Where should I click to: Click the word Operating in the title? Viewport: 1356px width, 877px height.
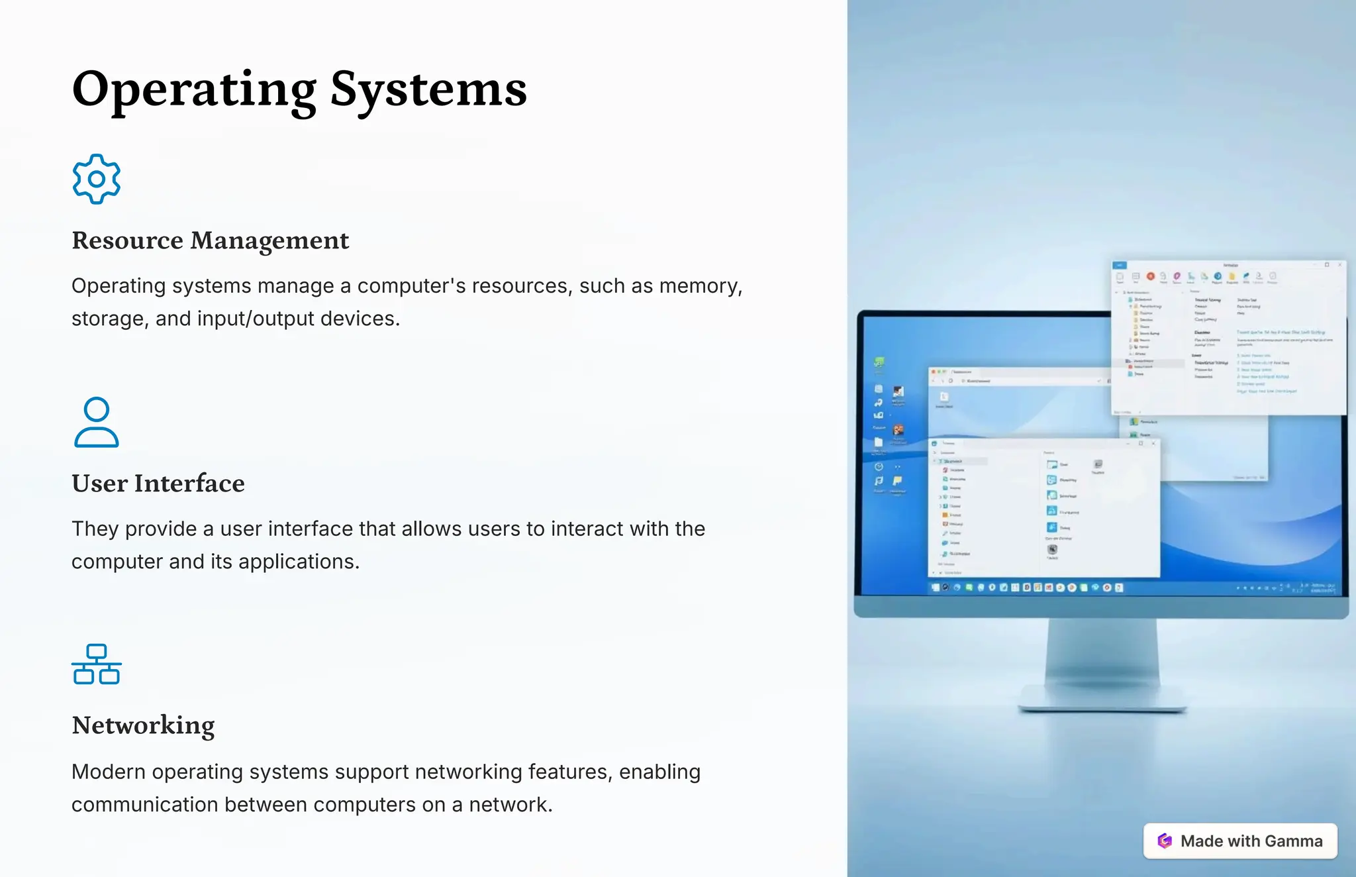click(193, 89)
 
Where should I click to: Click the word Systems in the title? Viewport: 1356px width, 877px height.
click(428, 89)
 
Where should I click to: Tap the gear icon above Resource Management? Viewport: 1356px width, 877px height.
click(97, 179)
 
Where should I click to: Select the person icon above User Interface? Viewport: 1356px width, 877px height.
click(97, 423)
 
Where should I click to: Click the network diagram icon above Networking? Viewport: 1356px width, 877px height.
click(97, 664)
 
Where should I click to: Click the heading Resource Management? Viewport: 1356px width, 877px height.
click(210, 240)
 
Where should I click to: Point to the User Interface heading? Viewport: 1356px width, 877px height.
click(158, 484)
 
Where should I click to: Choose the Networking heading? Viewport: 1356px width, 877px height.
click(143, 725)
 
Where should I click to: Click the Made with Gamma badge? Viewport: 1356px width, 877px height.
click(1240, 841)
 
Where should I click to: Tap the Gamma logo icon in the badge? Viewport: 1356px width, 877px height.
click(1165, 841)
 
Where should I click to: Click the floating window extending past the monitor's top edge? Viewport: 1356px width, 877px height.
click(1228, 338)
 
